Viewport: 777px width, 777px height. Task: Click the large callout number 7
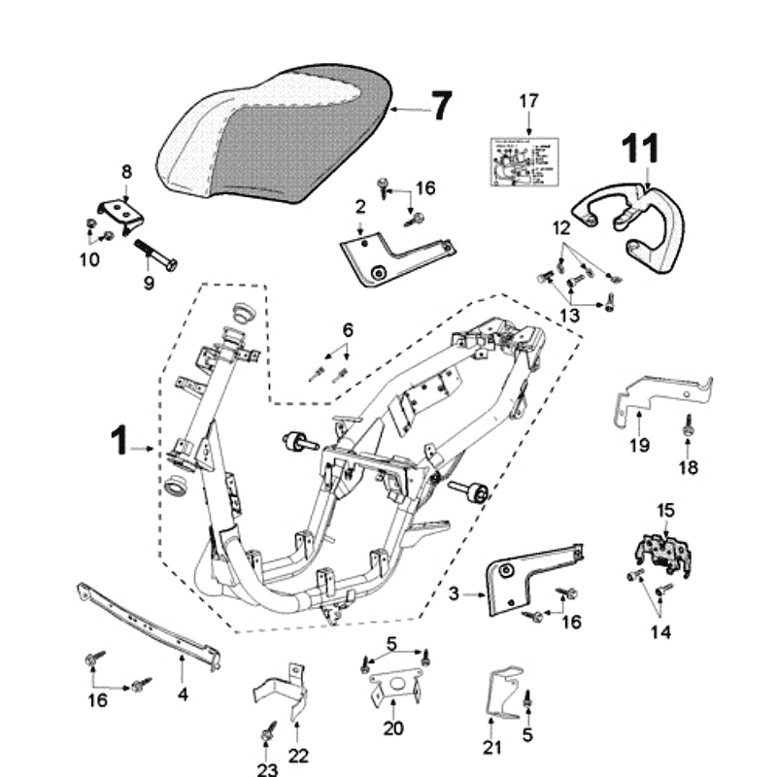[x=441, y=105]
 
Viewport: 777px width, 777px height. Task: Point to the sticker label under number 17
[x=527, y=160]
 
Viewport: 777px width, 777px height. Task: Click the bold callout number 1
[x=118, y=441]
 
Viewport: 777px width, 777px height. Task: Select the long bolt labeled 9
[x=155, y=253]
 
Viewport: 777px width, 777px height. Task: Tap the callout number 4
[x=183, y=694]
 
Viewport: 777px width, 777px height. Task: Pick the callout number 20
[x=392, y=729]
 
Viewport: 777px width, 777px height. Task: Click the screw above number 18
[x=688, y=422]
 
